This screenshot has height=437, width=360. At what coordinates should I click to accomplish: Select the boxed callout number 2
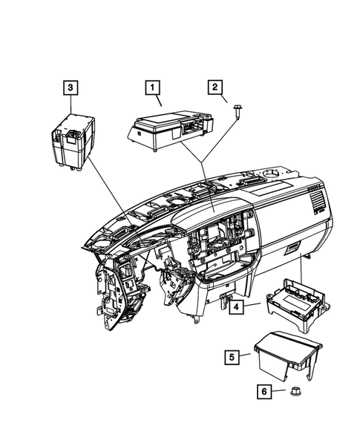217,89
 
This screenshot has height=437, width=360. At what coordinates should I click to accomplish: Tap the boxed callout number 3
69,89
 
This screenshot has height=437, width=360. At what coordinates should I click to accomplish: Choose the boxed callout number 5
232,358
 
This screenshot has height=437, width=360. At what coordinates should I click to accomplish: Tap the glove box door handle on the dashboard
291,248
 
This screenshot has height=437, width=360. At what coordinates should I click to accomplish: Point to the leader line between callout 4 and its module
252,304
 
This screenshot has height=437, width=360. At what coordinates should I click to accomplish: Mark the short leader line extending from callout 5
248,358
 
